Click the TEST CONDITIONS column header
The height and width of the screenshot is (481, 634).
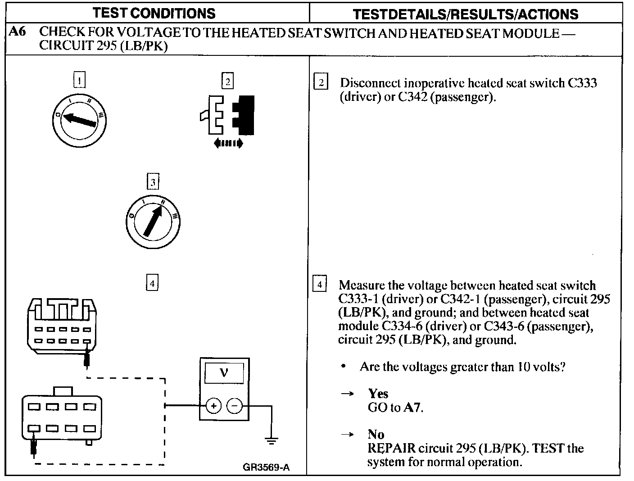coord(154,13)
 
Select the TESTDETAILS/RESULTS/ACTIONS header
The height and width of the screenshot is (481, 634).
coord(466,14)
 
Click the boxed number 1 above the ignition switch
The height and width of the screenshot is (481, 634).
coord(79,81)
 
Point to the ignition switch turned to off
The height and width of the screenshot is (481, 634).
coord(79,120)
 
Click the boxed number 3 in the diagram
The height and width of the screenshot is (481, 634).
coord(153,182)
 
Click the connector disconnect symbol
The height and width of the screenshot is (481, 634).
coord(227,115)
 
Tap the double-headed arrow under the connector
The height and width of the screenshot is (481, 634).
coord(227,144)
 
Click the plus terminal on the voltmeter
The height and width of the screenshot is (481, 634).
coord(213,406)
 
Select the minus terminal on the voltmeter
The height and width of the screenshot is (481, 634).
coord(234,406)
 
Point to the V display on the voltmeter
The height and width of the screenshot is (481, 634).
coord(224,373)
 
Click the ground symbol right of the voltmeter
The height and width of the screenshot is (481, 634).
coord(271,440)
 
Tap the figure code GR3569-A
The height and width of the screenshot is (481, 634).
coord(266,467)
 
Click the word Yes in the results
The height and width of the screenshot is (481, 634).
coord(378,394)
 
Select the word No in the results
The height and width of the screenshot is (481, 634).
coord(376,434)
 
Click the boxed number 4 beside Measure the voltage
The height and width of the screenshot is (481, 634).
coord(320,285)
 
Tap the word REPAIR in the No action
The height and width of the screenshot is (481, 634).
coord(391,449)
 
